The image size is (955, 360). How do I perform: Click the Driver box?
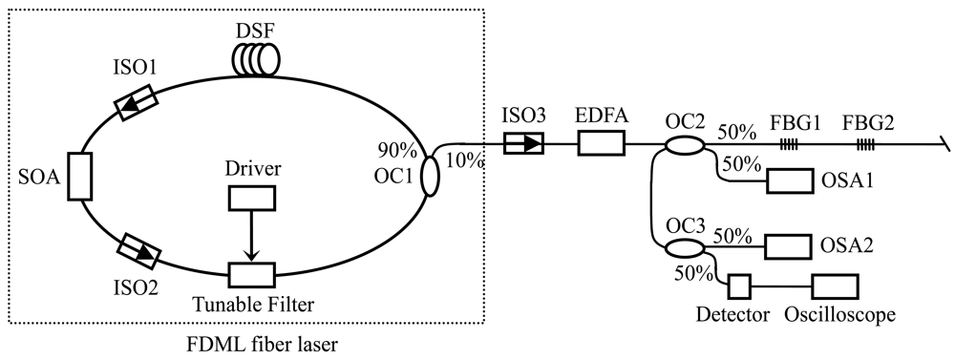pos(251,197)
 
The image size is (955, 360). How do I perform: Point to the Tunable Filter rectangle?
pos(251,275)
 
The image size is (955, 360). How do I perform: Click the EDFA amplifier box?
pos(601,144)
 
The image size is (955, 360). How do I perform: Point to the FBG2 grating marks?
pos(867,144)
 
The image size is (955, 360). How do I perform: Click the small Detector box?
pos(739,286)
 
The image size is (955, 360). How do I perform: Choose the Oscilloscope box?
pos(835,286)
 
